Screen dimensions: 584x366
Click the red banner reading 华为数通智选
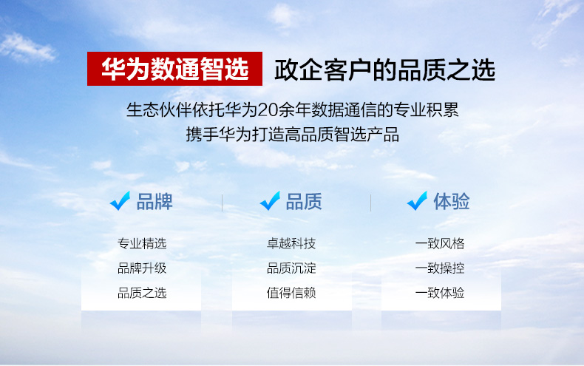coord(174,69)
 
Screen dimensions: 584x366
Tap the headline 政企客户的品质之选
coord(384,70)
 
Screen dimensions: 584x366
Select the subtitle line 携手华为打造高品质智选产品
coord(293,134)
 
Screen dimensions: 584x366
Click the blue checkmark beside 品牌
coord(120,201)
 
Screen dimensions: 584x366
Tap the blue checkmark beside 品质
coord(270,201)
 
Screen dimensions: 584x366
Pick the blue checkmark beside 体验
coord(417,201)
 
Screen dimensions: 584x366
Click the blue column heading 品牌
coord(155,202)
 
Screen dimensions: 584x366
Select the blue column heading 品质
coord(304,202)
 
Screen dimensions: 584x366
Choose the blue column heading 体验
coord(452,202)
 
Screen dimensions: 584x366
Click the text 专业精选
coord(142,244)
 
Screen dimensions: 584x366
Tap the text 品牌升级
coord(142,268)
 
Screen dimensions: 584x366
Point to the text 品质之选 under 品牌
coord(142,293)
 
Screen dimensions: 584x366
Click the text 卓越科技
coord(291,244)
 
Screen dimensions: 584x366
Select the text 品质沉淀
coord(291,268)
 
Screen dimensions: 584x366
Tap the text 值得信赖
coord(291,293)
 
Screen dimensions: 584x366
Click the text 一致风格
coord(440,244)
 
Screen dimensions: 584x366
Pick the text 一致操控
coord(440,268)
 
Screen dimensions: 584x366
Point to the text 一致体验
coord(440,293)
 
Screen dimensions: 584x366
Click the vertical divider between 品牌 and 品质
coord(222,203)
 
